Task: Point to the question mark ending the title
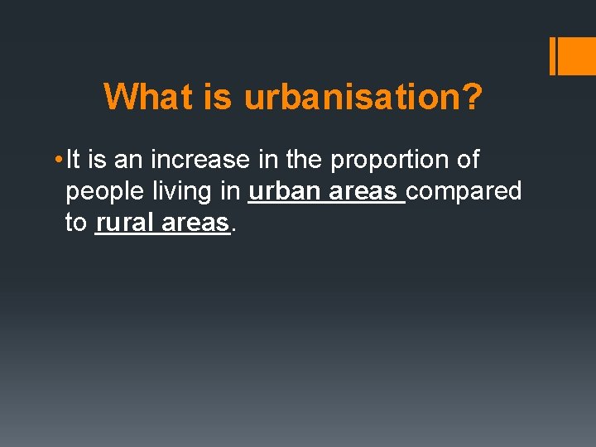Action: [473, 98]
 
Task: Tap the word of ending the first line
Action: [468, 159]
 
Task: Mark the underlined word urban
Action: [286, 191]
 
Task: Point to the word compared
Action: [464, 192]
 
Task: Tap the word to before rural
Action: [76, 223]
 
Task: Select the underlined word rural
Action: [125, 223]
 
